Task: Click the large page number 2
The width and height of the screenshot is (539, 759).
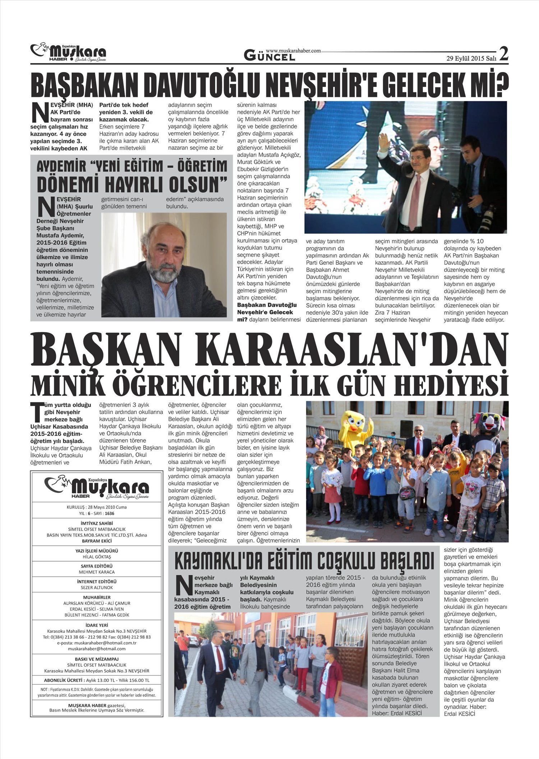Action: tap(503, 54)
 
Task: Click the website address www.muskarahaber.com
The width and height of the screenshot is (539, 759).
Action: tap(293, 51)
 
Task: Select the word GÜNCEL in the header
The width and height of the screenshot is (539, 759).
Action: tap(269, 56)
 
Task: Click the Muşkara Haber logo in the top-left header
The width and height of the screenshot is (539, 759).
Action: tap(68, 53)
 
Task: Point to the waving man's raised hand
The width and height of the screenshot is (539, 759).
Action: tap(384, 141)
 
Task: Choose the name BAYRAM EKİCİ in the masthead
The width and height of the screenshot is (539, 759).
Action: tap(97, 541)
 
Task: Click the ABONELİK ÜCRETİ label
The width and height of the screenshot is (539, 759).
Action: tap(63, 680)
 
